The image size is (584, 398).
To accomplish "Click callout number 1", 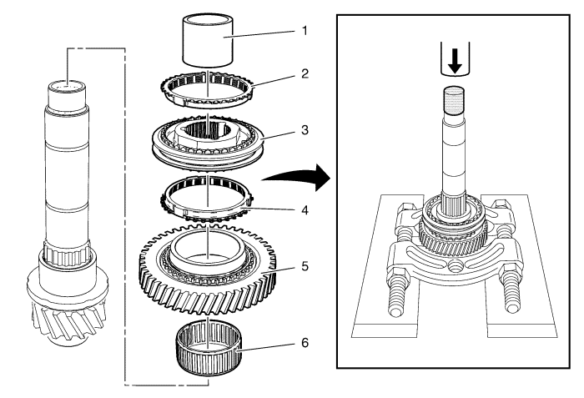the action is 305,31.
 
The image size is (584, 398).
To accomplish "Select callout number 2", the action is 305,73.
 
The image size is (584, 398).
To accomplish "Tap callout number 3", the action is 305,130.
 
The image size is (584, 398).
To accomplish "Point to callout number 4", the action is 305,209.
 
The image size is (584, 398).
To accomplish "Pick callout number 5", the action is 305,266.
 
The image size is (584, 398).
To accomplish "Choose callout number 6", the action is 305,342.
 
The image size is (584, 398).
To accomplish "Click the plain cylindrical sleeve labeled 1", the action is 208,40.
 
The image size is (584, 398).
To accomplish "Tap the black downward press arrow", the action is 456,61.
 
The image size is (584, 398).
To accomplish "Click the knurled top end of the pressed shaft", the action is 454,101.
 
